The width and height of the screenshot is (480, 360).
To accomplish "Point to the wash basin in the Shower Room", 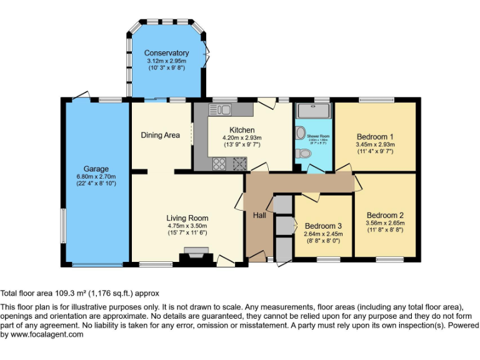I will click(x=300, y=132).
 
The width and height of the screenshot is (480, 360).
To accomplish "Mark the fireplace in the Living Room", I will click(x=194, y=256).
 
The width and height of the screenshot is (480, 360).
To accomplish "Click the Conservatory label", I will click(x=166, y=53).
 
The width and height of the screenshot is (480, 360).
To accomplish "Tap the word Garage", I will click(x=96, y=169).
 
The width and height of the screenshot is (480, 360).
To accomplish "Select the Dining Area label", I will click(x=160, y=135).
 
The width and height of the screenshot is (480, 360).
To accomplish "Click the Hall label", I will click(x=260, y=215).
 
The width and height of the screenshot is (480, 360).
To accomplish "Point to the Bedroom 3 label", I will click(x=323, y=226).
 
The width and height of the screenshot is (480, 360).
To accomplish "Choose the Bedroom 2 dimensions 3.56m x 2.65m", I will click(x=385, y=222).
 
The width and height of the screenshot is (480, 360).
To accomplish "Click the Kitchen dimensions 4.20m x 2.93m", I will click(x=242, y=137).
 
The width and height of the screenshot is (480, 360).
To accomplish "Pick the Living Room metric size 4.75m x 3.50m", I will click(x=187, y=226).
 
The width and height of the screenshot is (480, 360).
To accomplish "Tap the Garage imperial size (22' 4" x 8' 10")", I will click(x=96, y=183).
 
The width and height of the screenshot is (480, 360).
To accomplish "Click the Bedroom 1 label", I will click(x=375, y=136).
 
